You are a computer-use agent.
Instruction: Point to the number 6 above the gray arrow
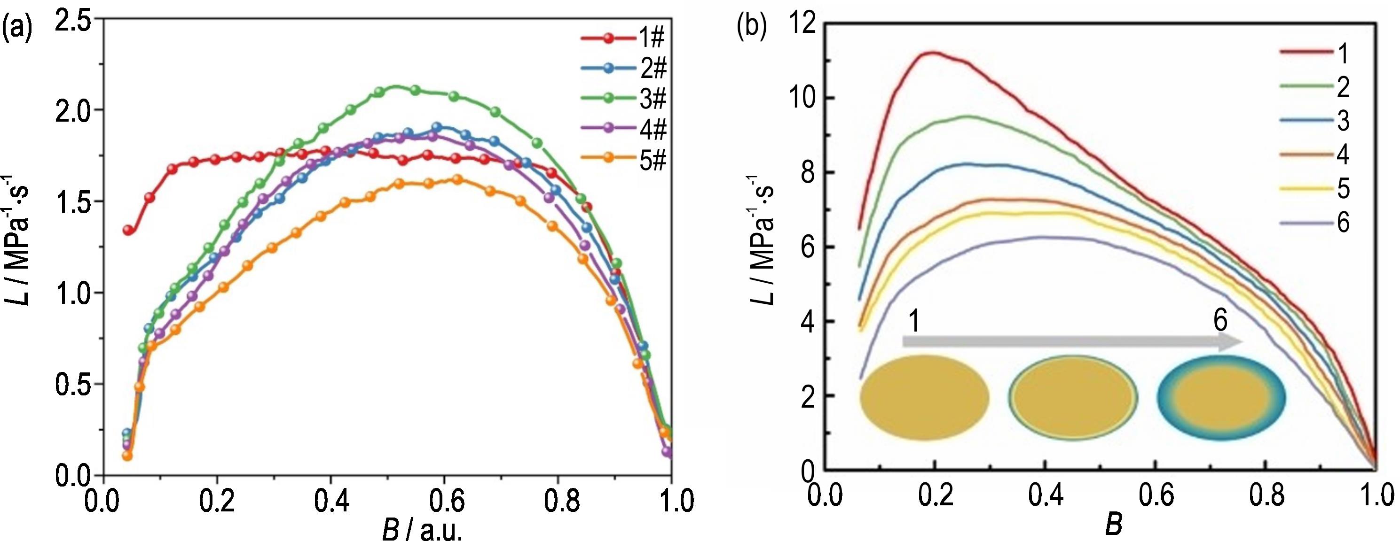tap(1220, 321)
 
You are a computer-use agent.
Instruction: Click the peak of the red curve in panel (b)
tap(934, 53)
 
